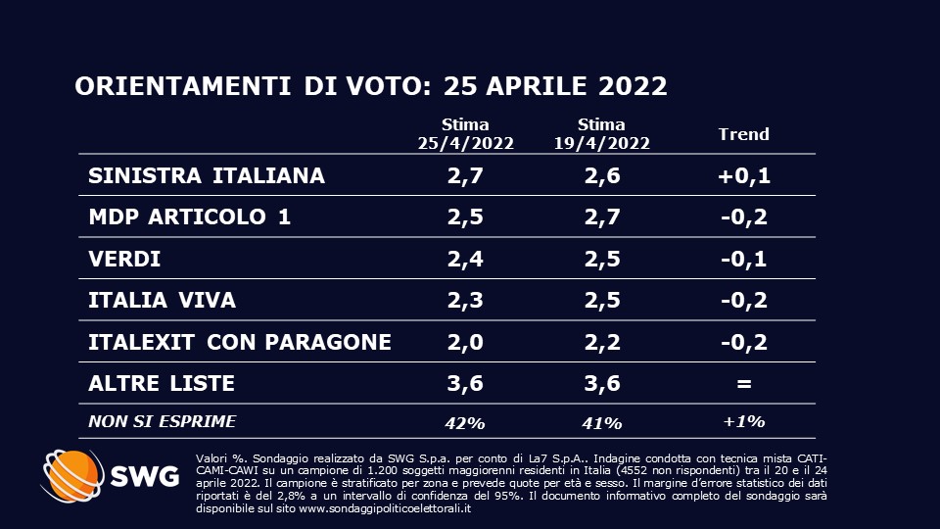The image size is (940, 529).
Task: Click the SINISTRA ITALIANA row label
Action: coord(206,176)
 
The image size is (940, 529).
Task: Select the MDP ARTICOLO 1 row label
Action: coord(189,217)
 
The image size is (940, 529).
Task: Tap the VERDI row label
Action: coord(123,260)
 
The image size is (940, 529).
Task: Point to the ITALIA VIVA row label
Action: coord(162,301)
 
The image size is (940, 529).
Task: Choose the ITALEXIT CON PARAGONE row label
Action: coord(240,342)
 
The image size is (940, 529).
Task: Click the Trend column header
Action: coord(744,134)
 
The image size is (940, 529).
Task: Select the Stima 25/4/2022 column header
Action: coord(465,134)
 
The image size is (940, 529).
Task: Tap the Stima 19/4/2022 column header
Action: coord(601,134)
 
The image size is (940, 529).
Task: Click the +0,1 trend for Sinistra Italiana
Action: coord(744,176)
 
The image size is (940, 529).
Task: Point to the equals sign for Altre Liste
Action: coord(744,383)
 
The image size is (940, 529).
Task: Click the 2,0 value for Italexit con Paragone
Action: coord(465,342)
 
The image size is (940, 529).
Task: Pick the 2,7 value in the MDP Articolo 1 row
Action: coord(601,217)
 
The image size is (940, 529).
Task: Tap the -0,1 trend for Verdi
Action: coord(744,260)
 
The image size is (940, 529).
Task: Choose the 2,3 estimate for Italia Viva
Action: coord(465,301)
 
